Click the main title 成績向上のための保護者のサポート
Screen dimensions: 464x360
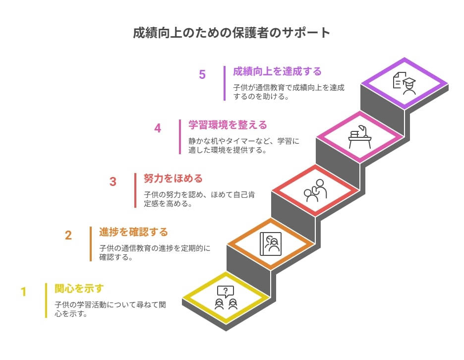tap(232, 33)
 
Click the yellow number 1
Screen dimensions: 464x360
tap(24, 292)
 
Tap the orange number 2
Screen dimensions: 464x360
tap(68, 236)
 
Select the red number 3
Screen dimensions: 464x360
tap(113, 182)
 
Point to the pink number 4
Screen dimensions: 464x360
tap(158, 128)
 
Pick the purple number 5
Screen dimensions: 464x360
tap(202, 74)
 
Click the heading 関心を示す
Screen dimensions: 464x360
tap(79, 289)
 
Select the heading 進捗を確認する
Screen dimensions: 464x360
tap(133, 232)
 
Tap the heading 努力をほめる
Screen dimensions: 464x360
tap(173, 179)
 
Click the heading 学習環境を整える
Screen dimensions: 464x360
tap(228, 125)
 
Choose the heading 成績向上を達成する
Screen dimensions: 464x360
tap(277, 71)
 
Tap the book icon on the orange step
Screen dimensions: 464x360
tap(271, 244)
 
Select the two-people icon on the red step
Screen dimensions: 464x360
tap(315, 190)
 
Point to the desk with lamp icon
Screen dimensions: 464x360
tap(360, 137)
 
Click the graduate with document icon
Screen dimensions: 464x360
tap(404, 83)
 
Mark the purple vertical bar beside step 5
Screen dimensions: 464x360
tap(225, 83)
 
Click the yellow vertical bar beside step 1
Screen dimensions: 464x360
tap(46, 300)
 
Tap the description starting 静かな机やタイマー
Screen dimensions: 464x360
tap(244, 146)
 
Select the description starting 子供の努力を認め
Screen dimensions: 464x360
tap(199, 199)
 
